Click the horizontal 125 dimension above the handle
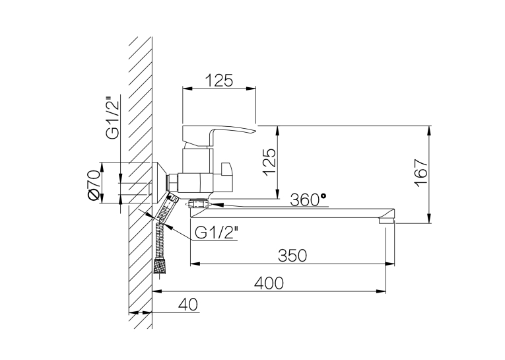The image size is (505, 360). [219, 81]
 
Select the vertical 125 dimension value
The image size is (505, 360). [269, 162]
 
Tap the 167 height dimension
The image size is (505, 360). [421, 172]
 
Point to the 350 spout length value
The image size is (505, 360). [292, 256]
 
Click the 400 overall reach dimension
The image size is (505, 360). [269, 283]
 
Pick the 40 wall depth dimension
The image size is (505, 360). [188, 305]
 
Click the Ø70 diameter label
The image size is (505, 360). [93, 185]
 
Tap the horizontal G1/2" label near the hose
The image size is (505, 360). [217, 233]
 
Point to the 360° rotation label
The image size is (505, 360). [308, 199]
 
